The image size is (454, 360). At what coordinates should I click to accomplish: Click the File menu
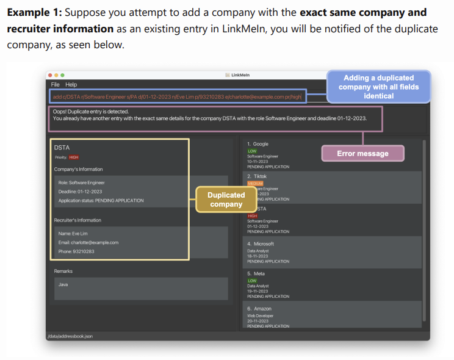click(55, 84)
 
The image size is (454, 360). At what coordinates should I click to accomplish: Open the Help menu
click(71, 84)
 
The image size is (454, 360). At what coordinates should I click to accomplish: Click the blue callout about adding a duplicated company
click(378, 87)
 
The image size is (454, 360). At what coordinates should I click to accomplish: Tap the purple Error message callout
click(362, 153)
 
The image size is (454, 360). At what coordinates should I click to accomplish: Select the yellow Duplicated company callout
click(226, 200)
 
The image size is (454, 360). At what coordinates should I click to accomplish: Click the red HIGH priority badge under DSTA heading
click(74, 157)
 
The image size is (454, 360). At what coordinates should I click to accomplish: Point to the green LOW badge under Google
click(252, 151)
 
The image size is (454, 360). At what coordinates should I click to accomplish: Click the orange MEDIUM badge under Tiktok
click(254, 183)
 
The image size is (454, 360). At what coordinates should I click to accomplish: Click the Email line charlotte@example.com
click(88, 242)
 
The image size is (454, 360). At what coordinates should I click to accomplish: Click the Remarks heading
click(63, 271)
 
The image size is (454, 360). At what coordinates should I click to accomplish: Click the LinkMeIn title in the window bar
click(240, 75)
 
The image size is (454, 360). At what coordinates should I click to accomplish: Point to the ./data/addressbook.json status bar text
click(70, 336)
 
